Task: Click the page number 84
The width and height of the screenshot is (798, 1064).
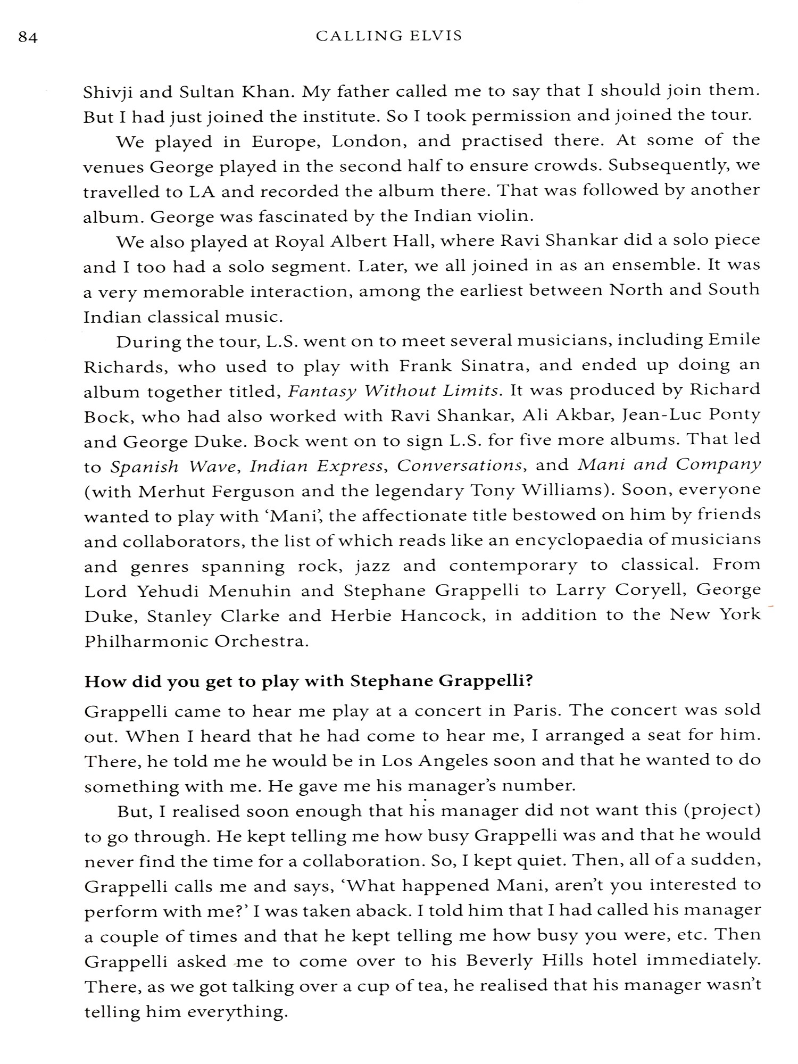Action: coord(28,38)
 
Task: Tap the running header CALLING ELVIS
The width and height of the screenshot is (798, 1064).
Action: coord(389,36)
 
